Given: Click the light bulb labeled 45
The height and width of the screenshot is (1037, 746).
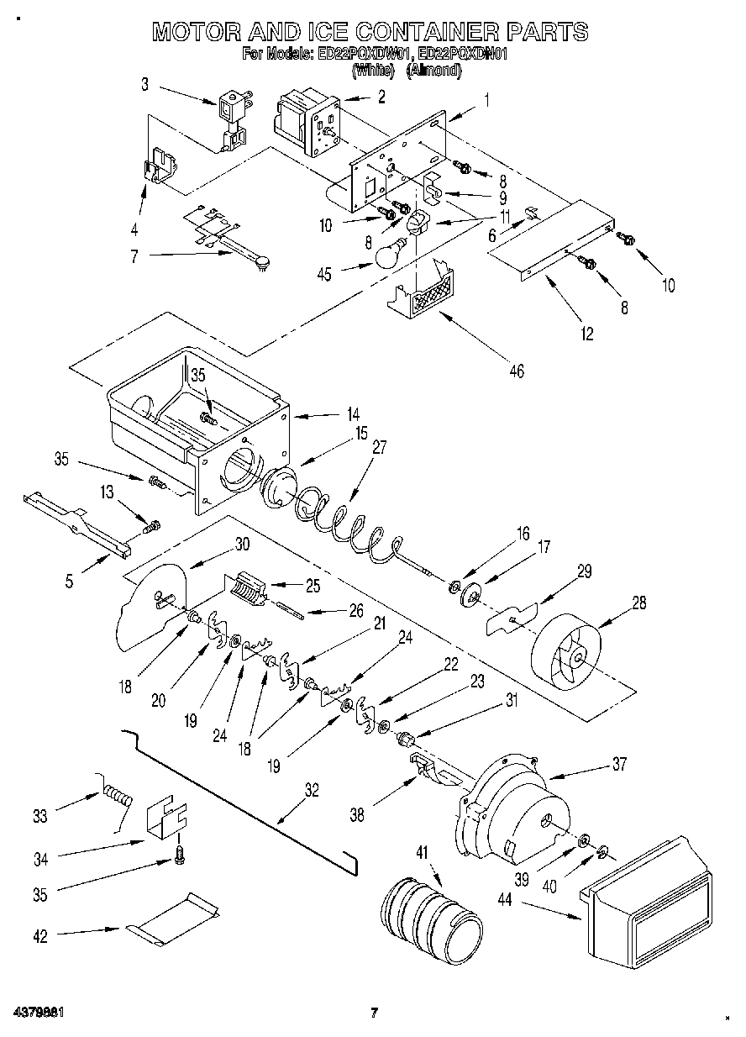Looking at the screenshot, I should point(387,254).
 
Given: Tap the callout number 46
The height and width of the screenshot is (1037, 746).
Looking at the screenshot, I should point(516,371).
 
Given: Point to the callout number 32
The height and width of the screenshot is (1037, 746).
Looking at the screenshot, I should point(312,789).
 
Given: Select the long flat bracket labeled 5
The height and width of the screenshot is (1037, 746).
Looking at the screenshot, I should point(78,524).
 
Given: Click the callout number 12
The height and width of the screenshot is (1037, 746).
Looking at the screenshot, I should point(586,334).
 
